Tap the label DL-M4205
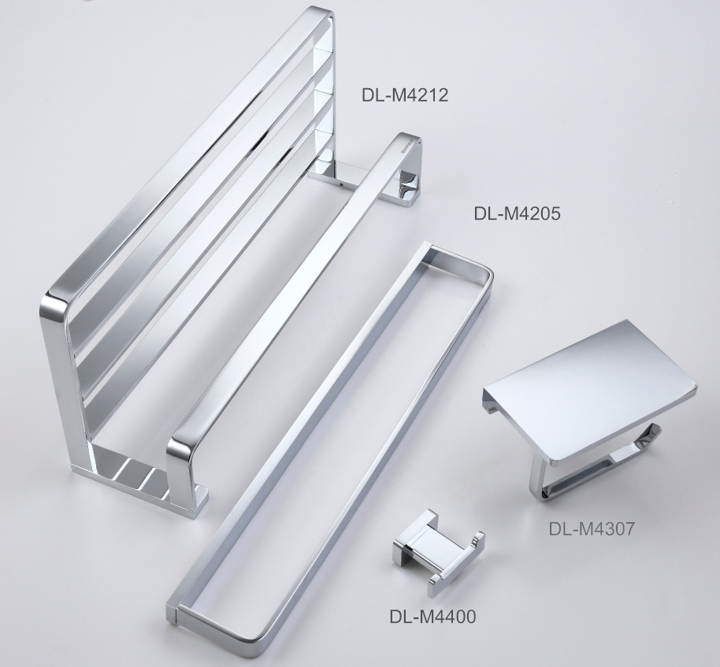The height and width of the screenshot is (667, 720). [x=517, y=213]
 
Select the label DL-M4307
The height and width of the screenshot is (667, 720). [x=592, y=528]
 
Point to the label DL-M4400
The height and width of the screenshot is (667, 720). [x=432, y=617]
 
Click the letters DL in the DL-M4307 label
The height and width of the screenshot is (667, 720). [x=559, y=528]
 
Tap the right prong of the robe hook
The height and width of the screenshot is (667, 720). [x=476, y=543]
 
